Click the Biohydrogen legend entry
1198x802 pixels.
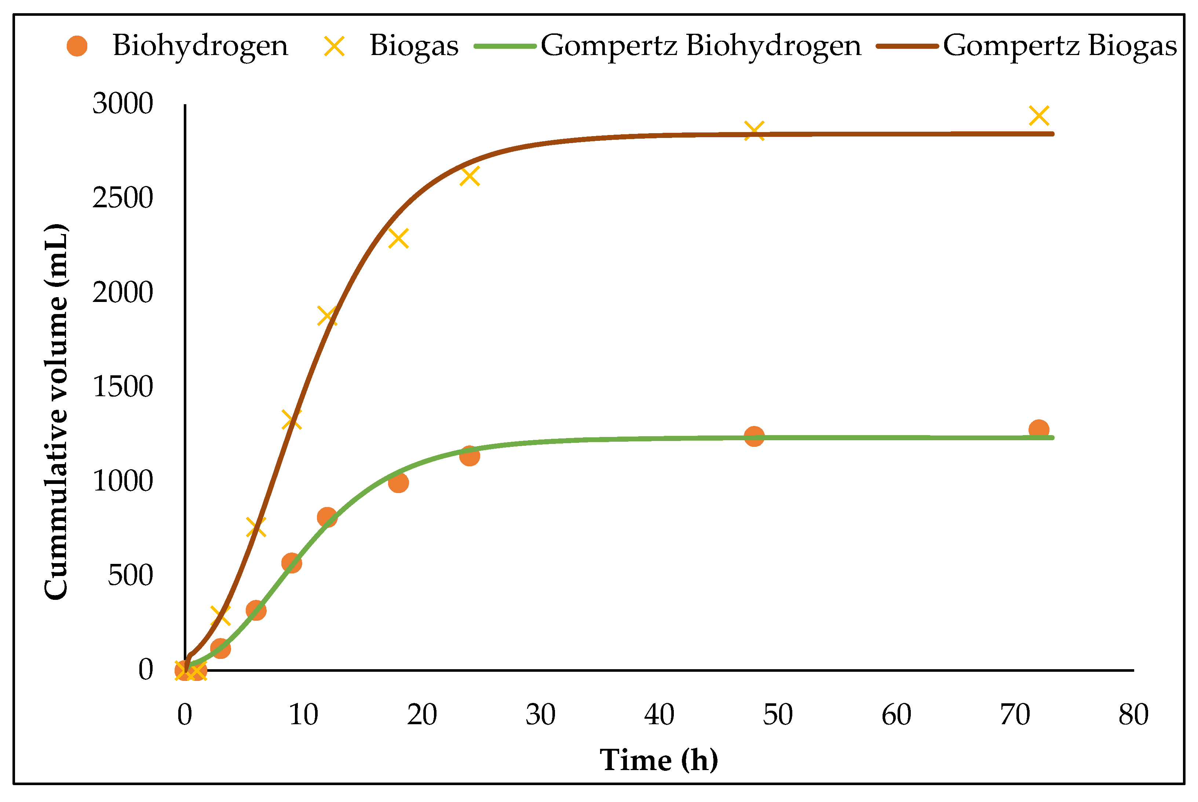200,46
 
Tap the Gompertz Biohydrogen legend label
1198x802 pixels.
701,46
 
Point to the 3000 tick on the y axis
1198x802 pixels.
123,104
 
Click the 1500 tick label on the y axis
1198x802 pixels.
123,387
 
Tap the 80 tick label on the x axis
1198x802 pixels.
1133,715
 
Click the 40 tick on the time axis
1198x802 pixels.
659,715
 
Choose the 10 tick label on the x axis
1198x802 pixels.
303,715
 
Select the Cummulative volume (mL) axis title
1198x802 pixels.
56,412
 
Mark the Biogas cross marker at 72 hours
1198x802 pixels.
1039,116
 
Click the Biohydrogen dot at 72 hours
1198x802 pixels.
1039,430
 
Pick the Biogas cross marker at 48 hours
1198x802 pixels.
754,131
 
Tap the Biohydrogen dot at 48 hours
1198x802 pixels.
754,436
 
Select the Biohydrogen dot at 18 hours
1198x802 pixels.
398,483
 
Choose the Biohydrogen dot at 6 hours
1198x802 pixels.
256,610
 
